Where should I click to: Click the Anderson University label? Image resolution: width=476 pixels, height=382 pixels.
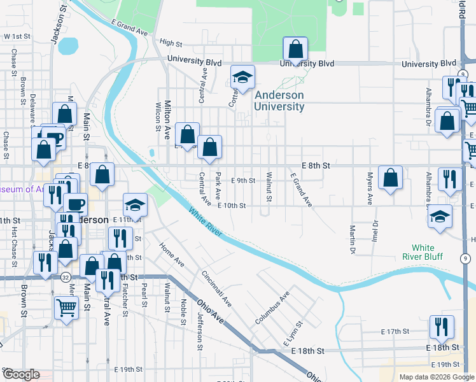tap(279, 101)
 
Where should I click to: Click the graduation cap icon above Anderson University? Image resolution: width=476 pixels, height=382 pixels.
tap(242, 78)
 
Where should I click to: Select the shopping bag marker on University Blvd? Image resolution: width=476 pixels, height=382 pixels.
tap(295, 49)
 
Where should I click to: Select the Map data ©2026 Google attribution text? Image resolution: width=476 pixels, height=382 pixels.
tap(435, 377)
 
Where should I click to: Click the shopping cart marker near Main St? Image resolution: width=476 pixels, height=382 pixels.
tap(67, 308)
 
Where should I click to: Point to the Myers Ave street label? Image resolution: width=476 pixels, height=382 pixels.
tap(369, 187)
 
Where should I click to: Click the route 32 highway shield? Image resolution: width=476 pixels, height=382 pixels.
tap(66, 278)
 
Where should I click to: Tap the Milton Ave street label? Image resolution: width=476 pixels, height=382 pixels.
tap(168, 120)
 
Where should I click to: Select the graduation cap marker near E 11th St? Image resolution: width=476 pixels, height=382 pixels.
tap(134, 205)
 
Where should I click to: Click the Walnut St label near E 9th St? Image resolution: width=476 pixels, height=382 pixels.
tap(269, 187)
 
